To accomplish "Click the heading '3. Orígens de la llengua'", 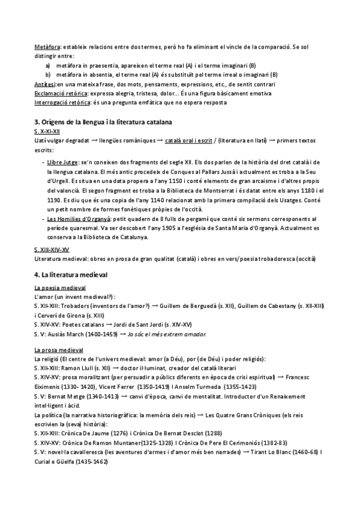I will point(103,121).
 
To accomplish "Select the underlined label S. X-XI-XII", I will point(47,130).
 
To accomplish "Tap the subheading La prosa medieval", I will point(59,350).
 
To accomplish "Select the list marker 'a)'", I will point(48,65).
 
